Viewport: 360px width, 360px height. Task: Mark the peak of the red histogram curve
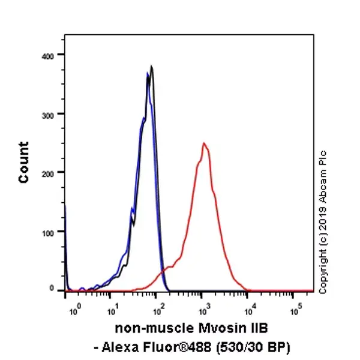coord(204,143)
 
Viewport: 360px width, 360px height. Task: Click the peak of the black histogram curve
coord(152,67)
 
